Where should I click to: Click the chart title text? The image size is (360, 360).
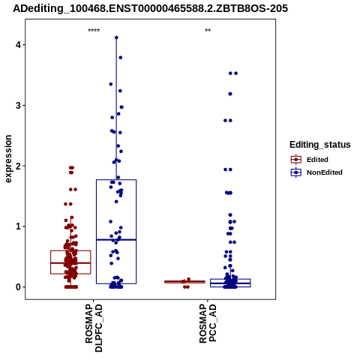click(x=150, y=9)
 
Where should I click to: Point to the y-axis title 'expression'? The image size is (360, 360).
click(x=8, y=159)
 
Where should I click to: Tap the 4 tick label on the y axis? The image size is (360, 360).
click(x=18, y=45)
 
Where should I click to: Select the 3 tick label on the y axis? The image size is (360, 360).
click(x=18, y=106)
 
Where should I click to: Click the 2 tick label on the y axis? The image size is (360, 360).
click(x=18, y=166)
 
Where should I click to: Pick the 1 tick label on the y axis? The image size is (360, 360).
click(x=18, y=226)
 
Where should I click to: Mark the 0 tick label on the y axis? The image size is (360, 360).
click(x=18, y=287)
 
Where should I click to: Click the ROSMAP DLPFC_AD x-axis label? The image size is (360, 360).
click(x=94, y=328)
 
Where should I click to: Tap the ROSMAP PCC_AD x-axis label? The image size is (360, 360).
click(x=208, y=323)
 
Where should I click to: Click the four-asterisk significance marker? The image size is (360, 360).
click(x=94, y=31)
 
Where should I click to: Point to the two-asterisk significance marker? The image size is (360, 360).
click(x=208, y=31)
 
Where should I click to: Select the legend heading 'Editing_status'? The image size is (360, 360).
click(x=320, y=145)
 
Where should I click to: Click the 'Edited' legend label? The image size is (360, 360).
click(x=317, y=160)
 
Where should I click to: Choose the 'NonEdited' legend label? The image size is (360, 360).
click(x=325, y=172)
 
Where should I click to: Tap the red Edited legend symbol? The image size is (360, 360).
click(x=296, y=160)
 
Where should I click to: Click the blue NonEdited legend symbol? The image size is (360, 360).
click(x=296, y=172)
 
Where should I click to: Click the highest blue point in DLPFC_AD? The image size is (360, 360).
click(x=116, y=37)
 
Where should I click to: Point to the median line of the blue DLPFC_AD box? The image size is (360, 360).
click(x=116, y=240)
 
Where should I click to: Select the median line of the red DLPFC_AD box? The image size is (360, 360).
click(x=70, y=263)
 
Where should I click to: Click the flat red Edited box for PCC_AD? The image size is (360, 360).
click(x=184, y=282)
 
